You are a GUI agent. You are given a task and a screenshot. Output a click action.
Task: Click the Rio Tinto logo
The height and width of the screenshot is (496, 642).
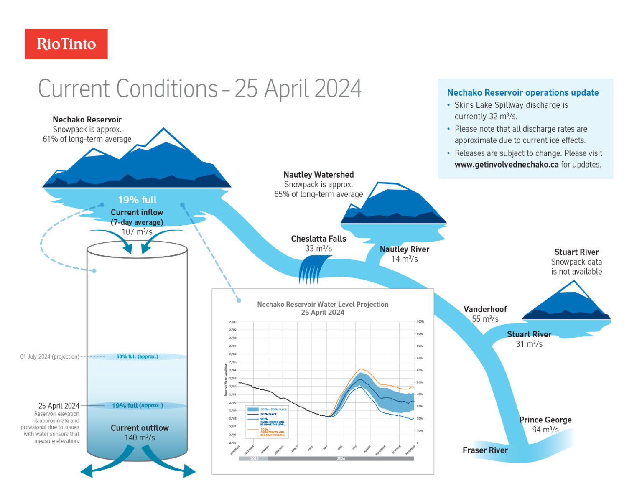click(66, 44)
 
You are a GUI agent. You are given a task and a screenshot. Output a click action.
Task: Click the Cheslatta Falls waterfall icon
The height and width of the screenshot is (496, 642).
click(313, 270)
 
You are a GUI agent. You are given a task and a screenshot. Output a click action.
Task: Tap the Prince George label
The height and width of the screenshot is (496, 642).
click(545, 420)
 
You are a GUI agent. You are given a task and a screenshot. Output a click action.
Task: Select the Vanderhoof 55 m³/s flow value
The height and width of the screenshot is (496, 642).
click(485, 319)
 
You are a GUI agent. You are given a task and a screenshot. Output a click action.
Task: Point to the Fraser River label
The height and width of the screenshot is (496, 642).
click(485, 450)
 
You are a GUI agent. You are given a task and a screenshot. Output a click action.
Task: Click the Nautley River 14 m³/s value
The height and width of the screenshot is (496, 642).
click(404, 259)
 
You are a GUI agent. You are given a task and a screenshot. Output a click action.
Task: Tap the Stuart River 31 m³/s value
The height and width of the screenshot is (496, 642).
click(529, 344)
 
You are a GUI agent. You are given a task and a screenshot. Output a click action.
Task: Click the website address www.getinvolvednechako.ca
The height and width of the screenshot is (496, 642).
click(506, 165)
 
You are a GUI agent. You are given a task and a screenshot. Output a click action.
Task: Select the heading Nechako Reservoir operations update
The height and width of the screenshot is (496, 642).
click(522, 93)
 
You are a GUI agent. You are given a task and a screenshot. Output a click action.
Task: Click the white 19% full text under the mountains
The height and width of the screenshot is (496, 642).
click(137, 200)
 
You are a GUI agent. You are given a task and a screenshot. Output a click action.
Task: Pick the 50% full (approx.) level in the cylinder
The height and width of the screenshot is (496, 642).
click(137, 356)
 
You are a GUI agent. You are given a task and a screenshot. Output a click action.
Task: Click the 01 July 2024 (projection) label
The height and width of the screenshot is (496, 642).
click(49, 356)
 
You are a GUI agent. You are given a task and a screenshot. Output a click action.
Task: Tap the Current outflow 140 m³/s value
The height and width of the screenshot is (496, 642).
click(140, 437)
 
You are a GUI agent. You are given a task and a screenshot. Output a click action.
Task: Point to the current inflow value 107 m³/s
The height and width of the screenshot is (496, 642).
click(137, 231)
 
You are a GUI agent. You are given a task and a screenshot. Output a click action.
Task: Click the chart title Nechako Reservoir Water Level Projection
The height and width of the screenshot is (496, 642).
click(322, 304)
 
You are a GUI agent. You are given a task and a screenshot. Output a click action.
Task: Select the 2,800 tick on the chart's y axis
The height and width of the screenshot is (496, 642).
click(233, 322)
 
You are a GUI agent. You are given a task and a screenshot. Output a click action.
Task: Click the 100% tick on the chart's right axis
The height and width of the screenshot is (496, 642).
click(420, 322)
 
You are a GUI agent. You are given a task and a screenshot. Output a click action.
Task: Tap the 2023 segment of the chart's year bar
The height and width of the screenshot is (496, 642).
click(254, 458)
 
